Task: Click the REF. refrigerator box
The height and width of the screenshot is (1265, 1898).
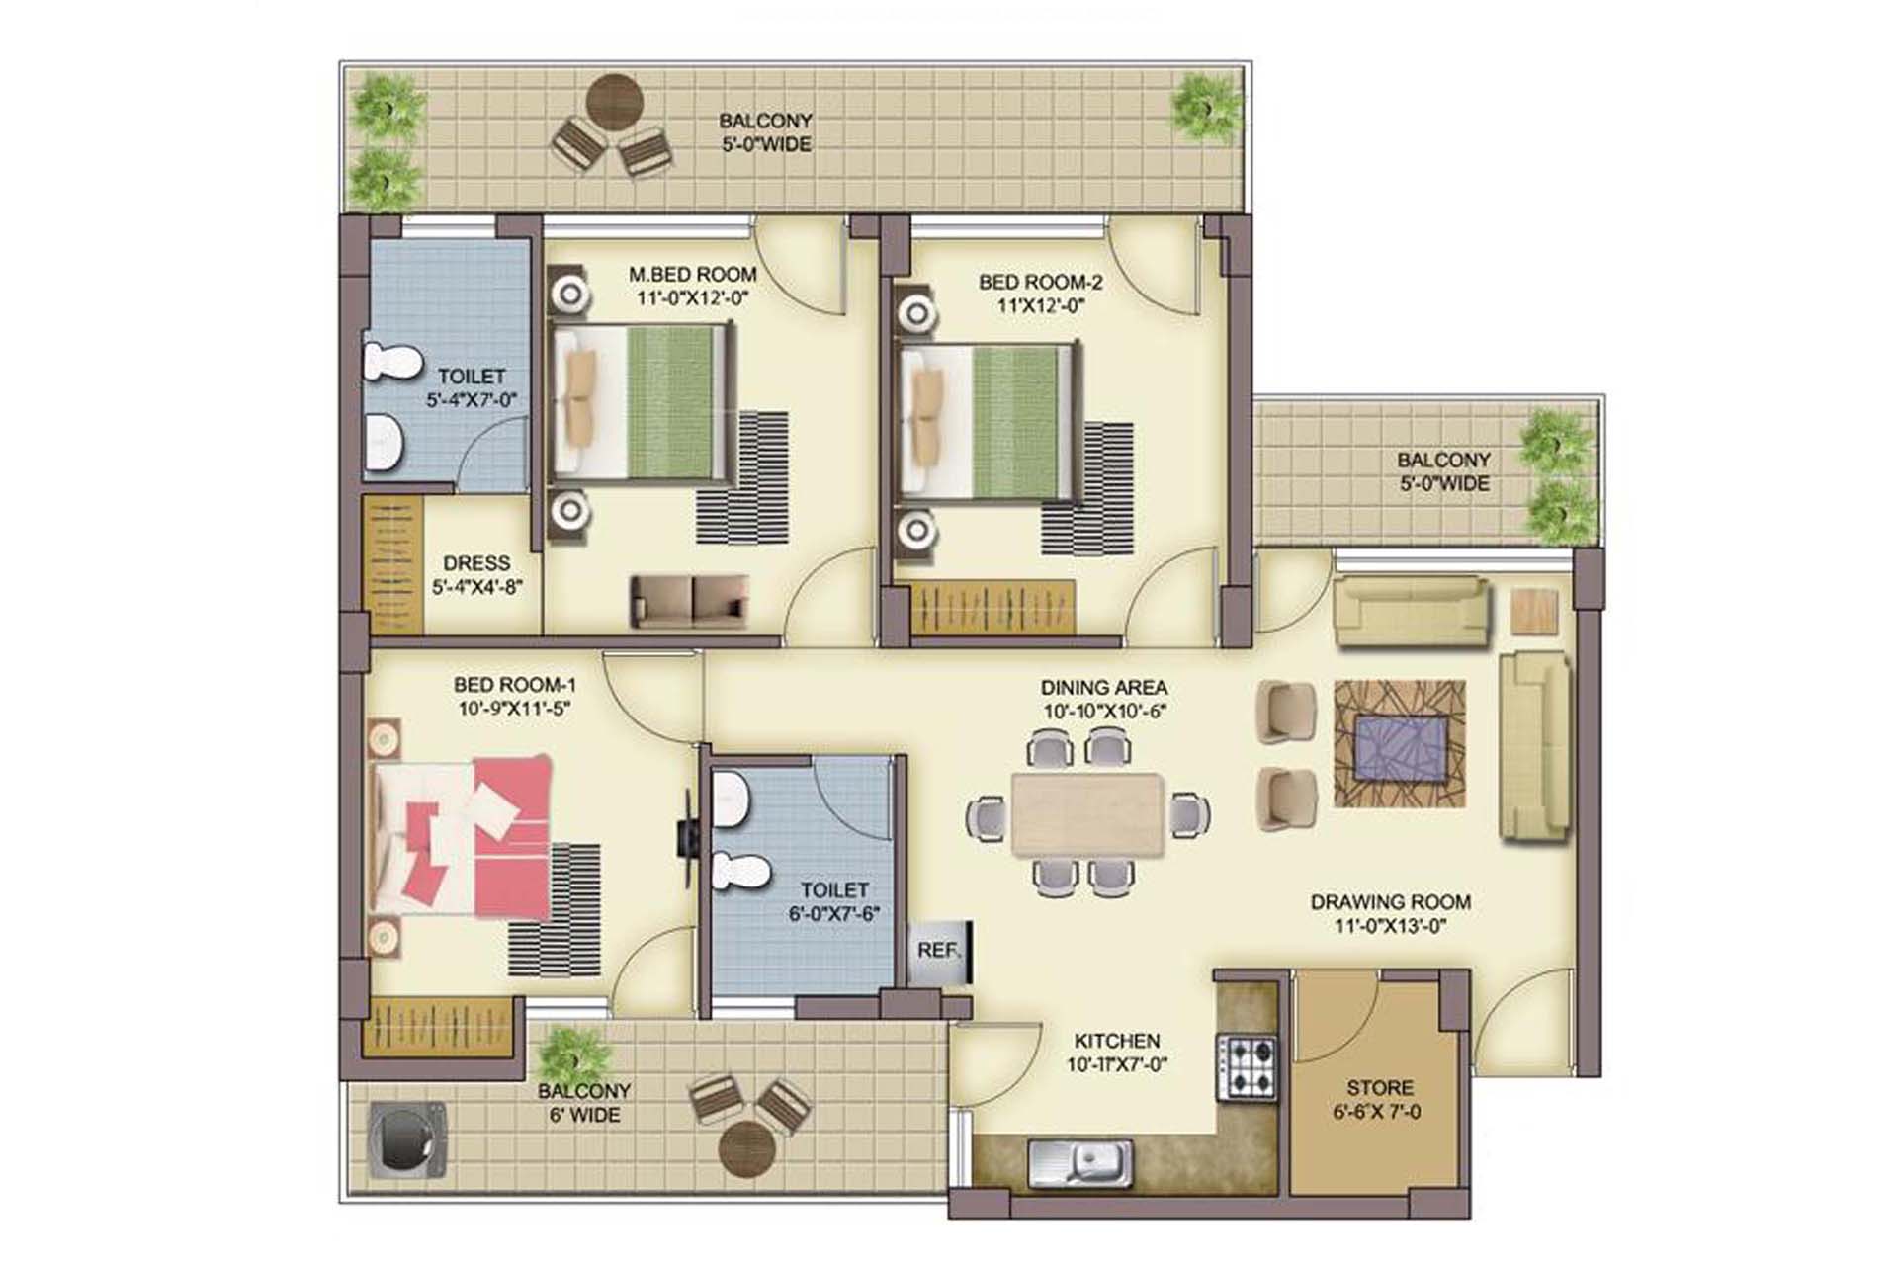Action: pyautogui.click(x=939, y=953)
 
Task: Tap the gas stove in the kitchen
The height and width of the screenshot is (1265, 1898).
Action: pyautogui.click(x=1246, y=1066)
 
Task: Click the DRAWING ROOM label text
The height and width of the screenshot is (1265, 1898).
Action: pyautogui.click(x=1390, y=902)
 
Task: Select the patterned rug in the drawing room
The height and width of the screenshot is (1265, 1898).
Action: pyautogui.click(x=1399, y=743)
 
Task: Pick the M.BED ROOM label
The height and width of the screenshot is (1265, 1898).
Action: pyautogui.click(x=692, y=274)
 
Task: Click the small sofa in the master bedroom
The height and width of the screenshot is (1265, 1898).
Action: pyautogui.click(x=689, y=601)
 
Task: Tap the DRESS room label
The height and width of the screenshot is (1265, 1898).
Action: pyautogui.click(x=476, y=563)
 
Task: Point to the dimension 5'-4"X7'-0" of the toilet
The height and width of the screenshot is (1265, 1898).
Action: pyautogui.click(x=472, y=400)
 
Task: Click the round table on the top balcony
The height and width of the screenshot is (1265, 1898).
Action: pyautogui.click(x=616, y=102)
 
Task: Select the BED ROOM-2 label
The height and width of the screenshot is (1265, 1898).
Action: pyautogui.click(x=1041, y=282)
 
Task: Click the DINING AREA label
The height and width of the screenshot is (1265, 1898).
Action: pyautogui.click(x=1103, y=687)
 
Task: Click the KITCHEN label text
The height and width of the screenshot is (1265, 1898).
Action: pyautogui.click(x=1117, y=1041)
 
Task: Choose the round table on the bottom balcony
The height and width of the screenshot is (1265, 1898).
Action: pyautogui.click(x=747, y=1149)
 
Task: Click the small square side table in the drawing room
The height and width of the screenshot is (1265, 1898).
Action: pyautogui.click(x=1534, y=611)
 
